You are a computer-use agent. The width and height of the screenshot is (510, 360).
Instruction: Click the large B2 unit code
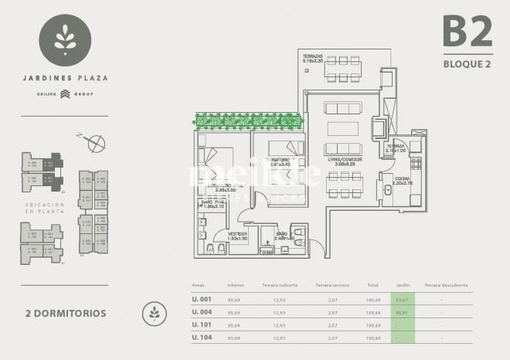tap(467, 32)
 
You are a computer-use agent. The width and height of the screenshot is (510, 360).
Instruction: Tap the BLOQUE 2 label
tap(467, 64)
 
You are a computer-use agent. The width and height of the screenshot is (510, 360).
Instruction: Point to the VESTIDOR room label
tap(236, 235)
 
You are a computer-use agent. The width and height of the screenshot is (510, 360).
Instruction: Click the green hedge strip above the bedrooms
tap(246, 121)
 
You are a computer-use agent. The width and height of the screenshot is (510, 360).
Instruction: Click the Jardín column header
tap(402, 285)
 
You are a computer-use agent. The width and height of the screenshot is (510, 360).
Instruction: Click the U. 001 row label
tap(202, 300)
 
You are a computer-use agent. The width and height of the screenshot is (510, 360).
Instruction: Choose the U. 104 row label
tap(202, 338)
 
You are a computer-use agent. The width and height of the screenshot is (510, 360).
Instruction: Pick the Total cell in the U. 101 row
tap(373, 325)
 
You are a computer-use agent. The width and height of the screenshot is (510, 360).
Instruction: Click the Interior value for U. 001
tap(236, 300)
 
